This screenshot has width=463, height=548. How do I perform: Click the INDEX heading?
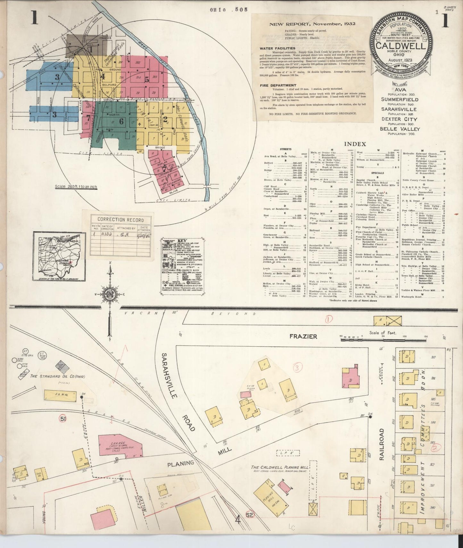pyautogui.click(x=355, y=144)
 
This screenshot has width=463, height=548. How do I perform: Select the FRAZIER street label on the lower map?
pyautogui.click(x=303, y=336)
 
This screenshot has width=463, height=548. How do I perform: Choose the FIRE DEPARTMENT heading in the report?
pyautogui.click(x=278, y=86)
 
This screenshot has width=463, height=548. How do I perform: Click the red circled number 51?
pyautogui.click(x=63, y=419)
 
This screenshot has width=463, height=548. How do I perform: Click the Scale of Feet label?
pyautogui.click(x=383, y=333)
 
